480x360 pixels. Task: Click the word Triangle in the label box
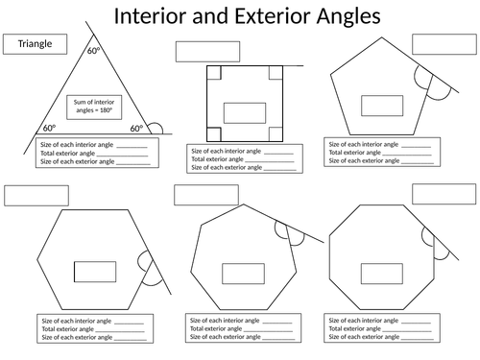(35, 43)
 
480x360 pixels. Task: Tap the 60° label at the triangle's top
(94, 51)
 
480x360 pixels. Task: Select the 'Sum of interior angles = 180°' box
(94, 108)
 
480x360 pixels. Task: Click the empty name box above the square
(207, 52)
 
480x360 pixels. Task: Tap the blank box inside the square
(245, 113)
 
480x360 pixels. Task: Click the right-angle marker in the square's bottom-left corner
(214, 134)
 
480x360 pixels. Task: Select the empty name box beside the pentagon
(444, 44)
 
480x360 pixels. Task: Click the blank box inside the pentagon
(382, 106)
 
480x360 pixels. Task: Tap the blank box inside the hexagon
(95, 272)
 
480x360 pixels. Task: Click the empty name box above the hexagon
(36, 196)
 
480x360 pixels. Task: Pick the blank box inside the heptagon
(243, 274)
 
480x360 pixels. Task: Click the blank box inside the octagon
(382, 274)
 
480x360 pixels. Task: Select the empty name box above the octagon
(444, 194)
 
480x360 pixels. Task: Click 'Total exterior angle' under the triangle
(67, 154)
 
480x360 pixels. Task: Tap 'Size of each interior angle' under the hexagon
(77, 321)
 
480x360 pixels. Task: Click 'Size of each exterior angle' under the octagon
(364, 337)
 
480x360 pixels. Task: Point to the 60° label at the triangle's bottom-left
(50, 128)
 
